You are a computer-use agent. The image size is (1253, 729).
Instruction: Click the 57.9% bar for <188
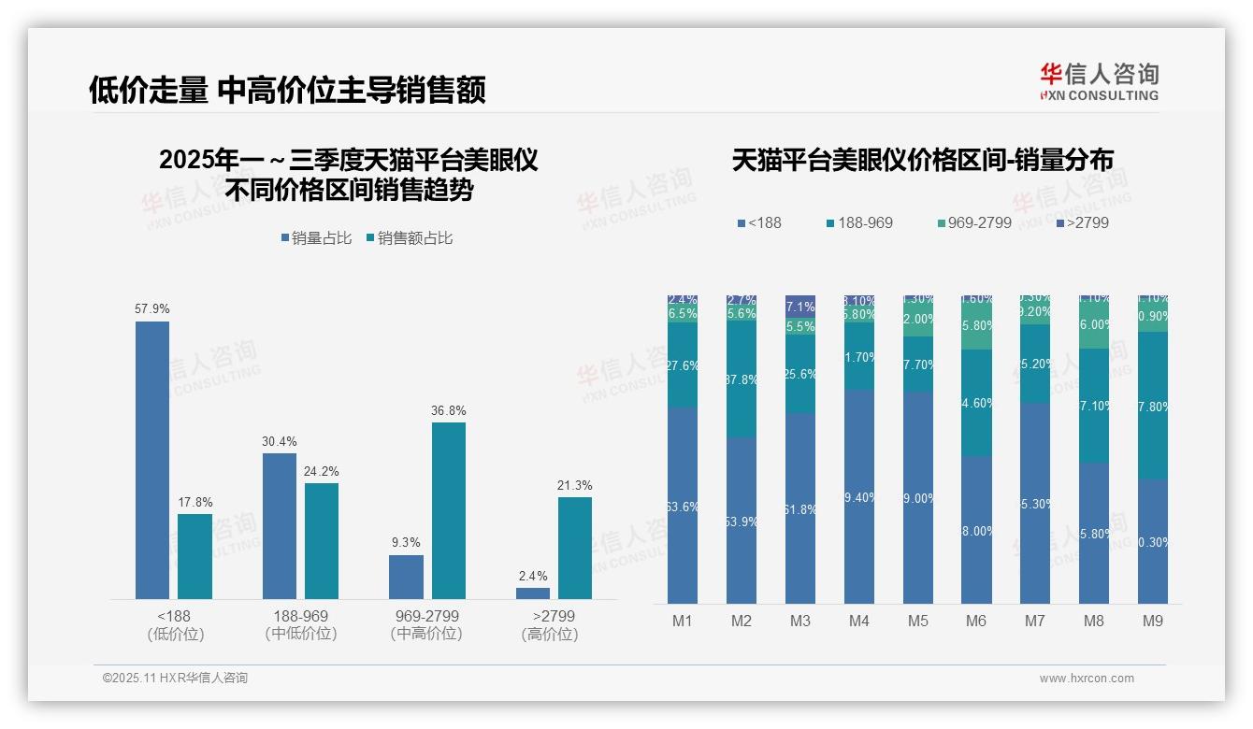pos(152,460)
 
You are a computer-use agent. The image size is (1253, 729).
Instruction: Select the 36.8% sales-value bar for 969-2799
pos(449,510)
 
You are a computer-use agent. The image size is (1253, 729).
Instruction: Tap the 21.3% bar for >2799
pos(575,548)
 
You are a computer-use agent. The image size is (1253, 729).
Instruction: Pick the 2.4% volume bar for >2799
pos(533,593)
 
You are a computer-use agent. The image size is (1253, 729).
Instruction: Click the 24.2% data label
pos(321,471)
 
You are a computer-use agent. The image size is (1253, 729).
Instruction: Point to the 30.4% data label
pos(279,441)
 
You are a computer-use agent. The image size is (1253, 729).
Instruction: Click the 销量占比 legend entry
pos(316,238)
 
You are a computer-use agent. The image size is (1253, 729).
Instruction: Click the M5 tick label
pos(917,621)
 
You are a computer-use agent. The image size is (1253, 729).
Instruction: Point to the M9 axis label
pos(1153,621)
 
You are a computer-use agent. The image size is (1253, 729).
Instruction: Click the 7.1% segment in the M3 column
pos(800,307)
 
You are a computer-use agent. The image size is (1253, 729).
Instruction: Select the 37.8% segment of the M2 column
pos(742,379)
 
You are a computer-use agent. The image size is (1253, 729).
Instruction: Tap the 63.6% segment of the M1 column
pos(683,506)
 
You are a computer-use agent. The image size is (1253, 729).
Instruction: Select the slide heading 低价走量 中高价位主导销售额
pos(287,91)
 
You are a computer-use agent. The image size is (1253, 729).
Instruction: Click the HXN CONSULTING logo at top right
pos(1099,82)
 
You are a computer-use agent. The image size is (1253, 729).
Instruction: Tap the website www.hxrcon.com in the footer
pos(1087,679)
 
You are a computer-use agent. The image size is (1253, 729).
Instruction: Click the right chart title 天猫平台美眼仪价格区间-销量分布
pos(922,161)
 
